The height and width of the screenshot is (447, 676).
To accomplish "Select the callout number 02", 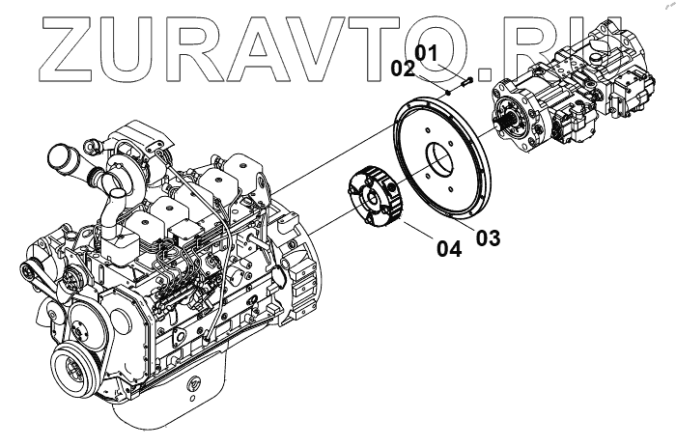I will tap(403, 69).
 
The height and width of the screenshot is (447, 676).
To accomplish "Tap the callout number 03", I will tap(488, 237).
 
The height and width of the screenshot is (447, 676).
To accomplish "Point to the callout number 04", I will tap(448, 249).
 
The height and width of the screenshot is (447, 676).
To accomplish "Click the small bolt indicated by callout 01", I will tap(469, 81).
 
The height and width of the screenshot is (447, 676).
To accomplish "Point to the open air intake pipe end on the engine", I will tap(55, 154).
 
